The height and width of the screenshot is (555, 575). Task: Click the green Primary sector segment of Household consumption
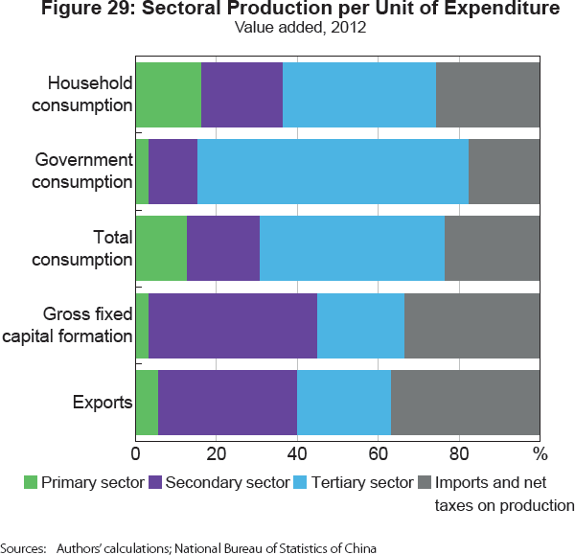pos(168,94)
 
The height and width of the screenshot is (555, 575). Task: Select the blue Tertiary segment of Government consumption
pos(333,171)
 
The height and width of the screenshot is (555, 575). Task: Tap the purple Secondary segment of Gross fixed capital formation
pos(233,325)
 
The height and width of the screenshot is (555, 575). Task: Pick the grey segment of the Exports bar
pos(465,402)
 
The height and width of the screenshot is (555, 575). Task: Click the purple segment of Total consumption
pos(222,247)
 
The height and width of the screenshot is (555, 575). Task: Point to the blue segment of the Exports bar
pos(344,402)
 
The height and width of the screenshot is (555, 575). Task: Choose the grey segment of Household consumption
pos(488,94)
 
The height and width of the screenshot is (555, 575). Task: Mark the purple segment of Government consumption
pos(172,171)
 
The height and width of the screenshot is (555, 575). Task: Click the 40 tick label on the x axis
pos(297,451)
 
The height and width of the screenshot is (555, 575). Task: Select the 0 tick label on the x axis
pos(135,451)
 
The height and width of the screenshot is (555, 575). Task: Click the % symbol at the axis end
pos(540,451)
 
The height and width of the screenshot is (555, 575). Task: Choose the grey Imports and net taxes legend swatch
pos(426,482)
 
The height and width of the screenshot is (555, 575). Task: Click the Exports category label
pos(103,402)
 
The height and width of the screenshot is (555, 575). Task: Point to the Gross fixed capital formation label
pos(87,325)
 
